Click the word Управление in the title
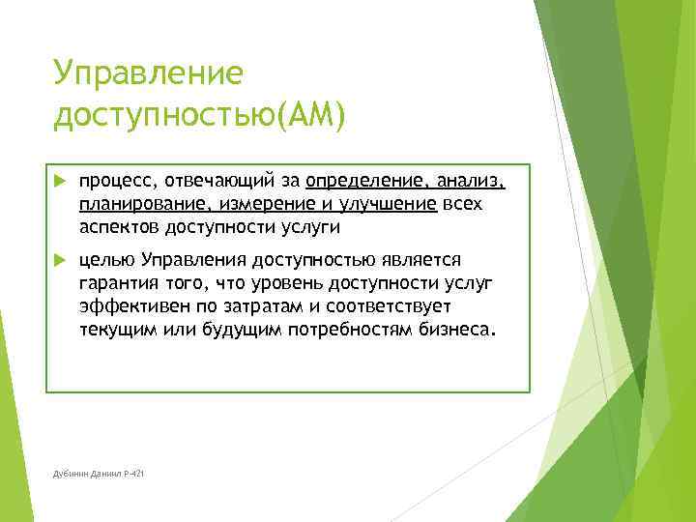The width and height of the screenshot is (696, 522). (x=148, y=73)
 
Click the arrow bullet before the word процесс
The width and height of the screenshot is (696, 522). (x=59, y=180)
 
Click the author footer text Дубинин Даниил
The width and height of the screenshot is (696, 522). (x=86, y=472)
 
